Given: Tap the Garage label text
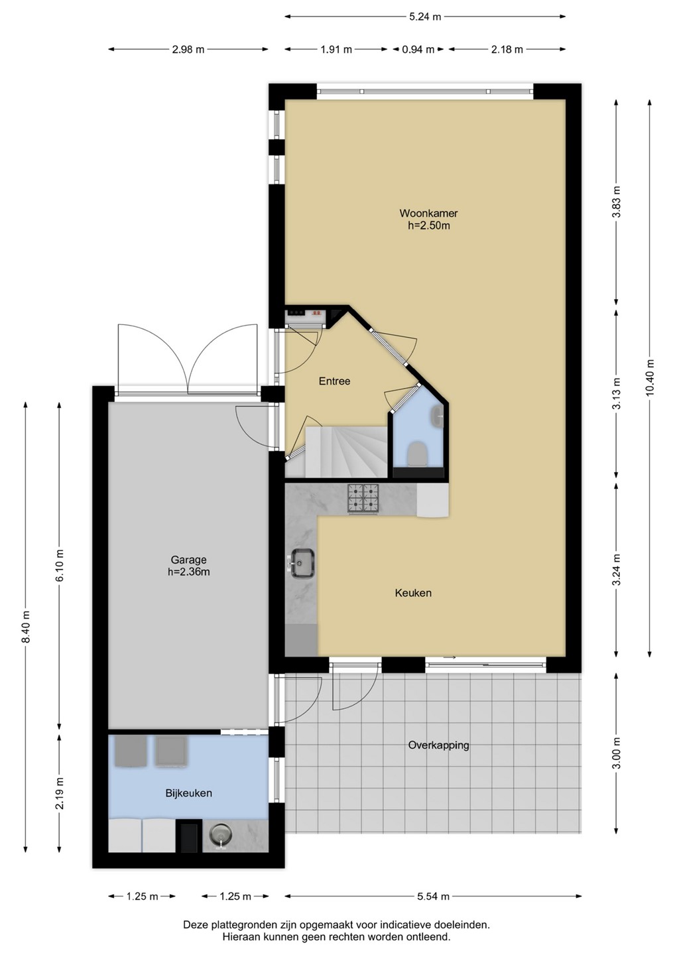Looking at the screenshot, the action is [x=188, y=559].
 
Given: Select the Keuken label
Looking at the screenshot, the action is [x=413, y=593].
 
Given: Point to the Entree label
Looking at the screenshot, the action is [x=335, y=381].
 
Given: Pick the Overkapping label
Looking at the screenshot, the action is [x=438, y=745].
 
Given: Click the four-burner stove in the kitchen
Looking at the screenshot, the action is [x=363, y=499].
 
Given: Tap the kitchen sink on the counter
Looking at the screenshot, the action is [x=302, y=563].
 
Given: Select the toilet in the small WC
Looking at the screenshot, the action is [x=416, y=454].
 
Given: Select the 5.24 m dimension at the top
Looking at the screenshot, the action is [x=424, y=17].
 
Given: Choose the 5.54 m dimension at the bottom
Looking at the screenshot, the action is [x=433, y=897].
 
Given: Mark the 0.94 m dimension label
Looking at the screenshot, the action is [x=418, y=50].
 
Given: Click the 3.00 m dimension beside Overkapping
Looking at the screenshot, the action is [x=617, y=753].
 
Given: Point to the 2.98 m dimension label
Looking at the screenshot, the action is [x=188, y=50].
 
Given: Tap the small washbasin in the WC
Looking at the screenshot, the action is [x=437, y=416].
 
